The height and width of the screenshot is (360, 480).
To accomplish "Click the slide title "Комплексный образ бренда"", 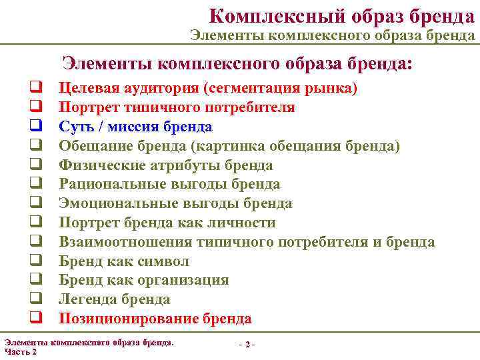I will click(x=341, y=15).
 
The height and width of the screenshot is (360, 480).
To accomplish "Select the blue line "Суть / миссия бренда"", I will click(x=135, y=127).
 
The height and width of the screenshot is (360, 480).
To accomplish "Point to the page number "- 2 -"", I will click(x=247, y=344).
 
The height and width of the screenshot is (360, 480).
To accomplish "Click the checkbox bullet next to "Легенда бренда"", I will click(x=31, y=299).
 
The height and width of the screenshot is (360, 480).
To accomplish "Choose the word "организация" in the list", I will click(x=189, y=281).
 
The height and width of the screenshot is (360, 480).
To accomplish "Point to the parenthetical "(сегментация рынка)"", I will click(x=281, y=88).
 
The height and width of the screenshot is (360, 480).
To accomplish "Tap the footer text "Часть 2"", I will click(x=21, y=352).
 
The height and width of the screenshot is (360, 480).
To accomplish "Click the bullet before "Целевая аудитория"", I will click(x=31, y=88).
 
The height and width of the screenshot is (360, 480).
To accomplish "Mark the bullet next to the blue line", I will click(x=31, y=127).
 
